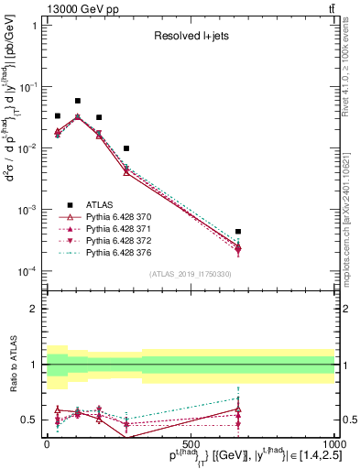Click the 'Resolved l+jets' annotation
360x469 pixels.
pyautogui.click(x=190, y=37)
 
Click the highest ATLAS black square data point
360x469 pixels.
pyautogui.click(x=78, y=101)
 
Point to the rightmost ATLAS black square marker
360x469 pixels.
pyautogui.click(x=237, y=232)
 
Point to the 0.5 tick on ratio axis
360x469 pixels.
pyautogui.click(x=31, y=420)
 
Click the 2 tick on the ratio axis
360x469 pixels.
pyautogui.click(x=36, y=309)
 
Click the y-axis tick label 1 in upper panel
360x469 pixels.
pyautogui.click(x=36, y=26)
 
